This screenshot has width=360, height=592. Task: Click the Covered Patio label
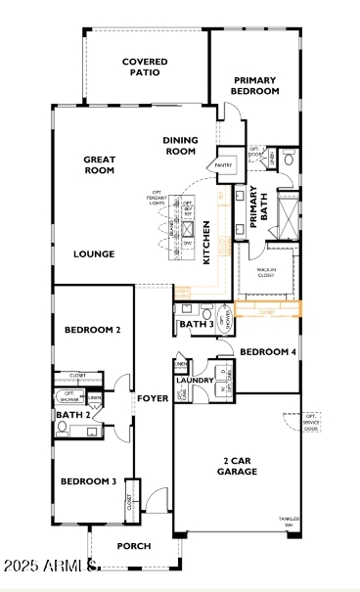coord(145,67)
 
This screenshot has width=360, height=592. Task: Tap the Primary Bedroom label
coord(255,85)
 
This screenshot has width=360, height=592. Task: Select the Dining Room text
coord(180,146)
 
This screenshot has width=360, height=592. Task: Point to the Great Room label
coord(100,164)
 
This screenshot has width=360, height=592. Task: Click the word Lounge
coord(94,254)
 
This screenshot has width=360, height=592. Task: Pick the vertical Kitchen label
coord(206,244)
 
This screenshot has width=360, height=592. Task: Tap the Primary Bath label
coord(257,207)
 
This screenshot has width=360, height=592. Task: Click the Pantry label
coord(224,165)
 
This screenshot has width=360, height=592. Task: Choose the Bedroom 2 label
coord(93,331)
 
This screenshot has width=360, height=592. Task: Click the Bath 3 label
coord(197,324)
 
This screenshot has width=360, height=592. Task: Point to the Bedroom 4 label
coord(267,352)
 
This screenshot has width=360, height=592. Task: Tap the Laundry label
coord(195,381)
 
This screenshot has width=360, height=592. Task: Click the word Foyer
coord(153,398)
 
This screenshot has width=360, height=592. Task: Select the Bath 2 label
coord(73,416)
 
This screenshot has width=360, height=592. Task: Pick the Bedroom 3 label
coord(89,481)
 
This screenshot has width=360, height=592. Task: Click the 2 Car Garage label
coord(238,466)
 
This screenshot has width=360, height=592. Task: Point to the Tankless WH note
coord(286,520)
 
